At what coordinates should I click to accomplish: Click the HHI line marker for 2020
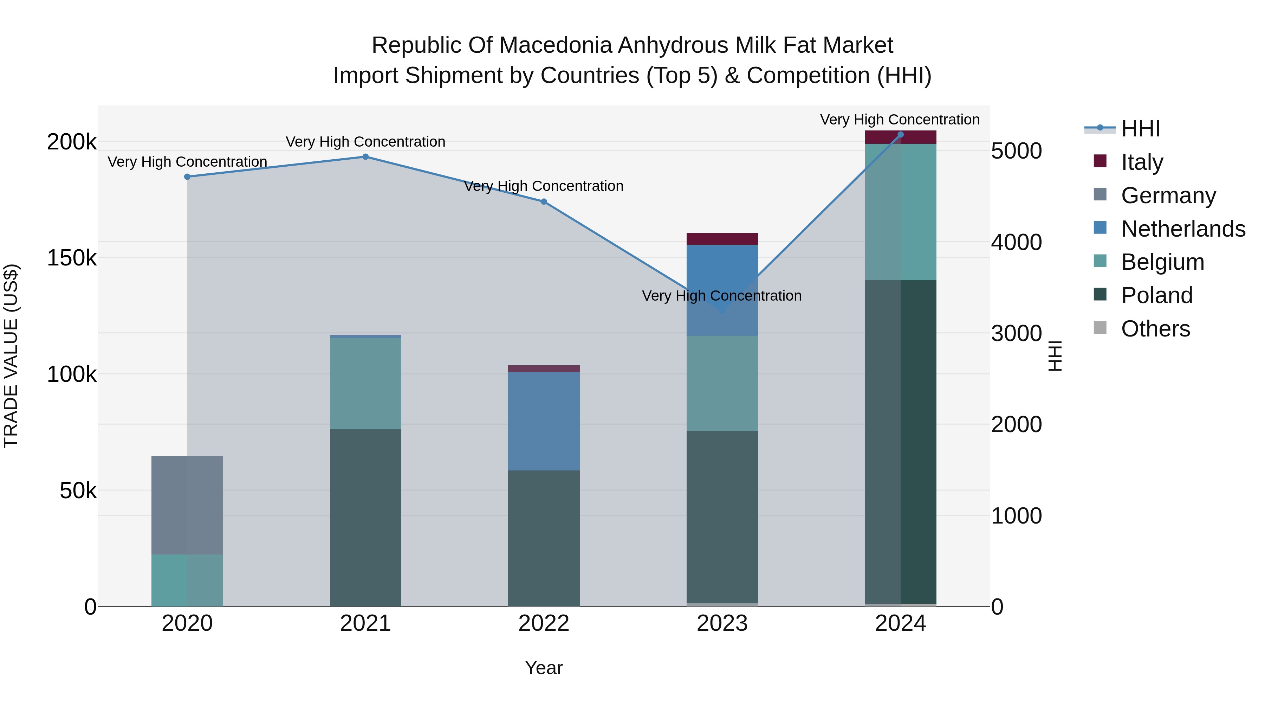tap(187, 177)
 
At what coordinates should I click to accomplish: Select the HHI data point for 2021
tap(365, 157)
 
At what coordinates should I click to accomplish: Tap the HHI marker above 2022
tap(544, 201)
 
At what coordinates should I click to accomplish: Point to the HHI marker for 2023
tap(722, 310)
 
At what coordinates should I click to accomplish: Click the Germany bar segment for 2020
tap(187, 505)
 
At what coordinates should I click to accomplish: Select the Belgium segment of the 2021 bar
tap(365, 383)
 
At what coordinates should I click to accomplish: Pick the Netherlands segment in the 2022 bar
tap(544, 421)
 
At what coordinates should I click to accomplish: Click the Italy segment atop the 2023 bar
tap(722, 239)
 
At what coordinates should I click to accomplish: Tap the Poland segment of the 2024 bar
tap(901, 442)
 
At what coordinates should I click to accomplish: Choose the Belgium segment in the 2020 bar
tap(187, 580)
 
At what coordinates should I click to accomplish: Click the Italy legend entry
tap(1142, 162)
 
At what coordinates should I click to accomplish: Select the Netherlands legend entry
tap(1182, 229)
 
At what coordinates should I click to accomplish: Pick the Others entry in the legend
tap(1155, 329)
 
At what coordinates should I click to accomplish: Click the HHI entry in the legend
tap(1140, 129)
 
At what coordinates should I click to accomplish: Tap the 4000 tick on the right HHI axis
tap(1016, 242)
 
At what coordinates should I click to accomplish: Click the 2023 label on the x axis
tap(722, 623)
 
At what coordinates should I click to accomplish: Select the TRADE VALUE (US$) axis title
tap(11, 356)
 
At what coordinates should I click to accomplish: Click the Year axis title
tap(544, 668)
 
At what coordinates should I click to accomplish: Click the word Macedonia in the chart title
tap(555, 45)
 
